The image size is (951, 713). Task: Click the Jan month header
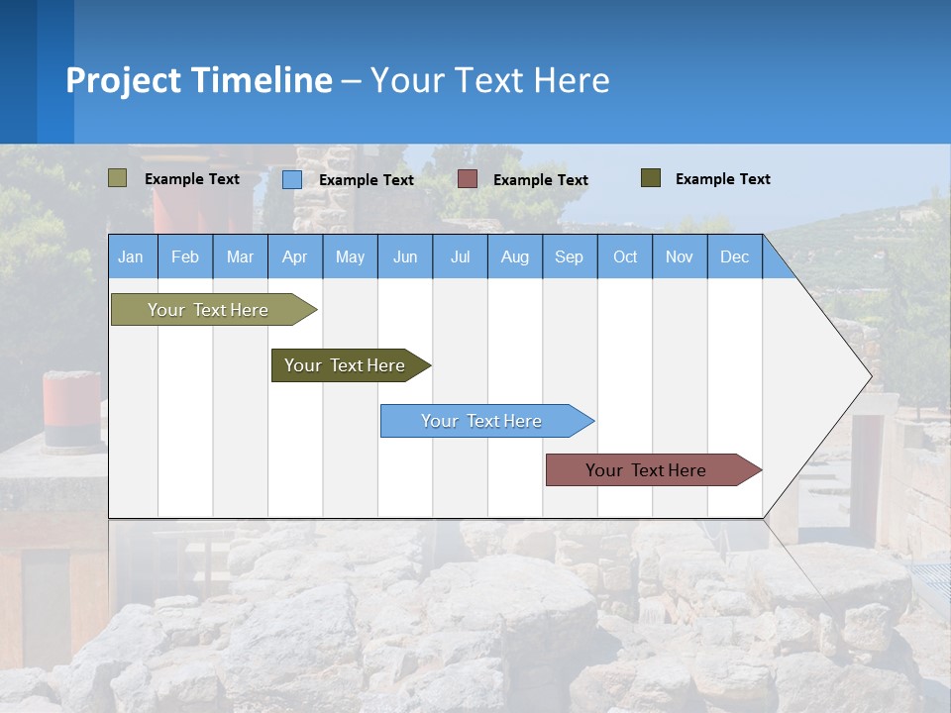click(131, 256)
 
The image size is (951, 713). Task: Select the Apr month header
click(294, 256)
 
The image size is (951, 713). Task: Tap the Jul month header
click(460, 256)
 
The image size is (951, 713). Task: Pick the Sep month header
click(569, 256)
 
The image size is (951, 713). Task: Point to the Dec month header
click(734, 256)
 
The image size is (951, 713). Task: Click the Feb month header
click(185, 256)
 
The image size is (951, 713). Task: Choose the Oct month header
click(625, 256)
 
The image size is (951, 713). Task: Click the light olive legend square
click(118, 178)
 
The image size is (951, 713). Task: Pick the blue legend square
click(292, 179)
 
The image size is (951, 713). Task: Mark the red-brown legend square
click(468, 179)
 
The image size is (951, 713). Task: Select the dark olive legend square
click(651, 178)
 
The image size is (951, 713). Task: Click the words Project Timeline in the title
click(199, 80)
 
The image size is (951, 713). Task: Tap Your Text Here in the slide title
click(489, 80)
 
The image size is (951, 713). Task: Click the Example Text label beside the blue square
click(367, 180)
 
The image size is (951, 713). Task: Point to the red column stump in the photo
click(71, 408)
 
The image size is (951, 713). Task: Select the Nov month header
click(680, 256)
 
